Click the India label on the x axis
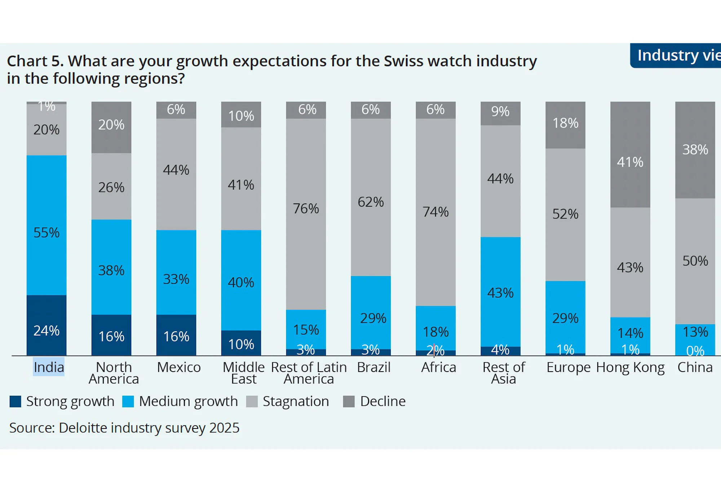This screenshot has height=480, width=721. click(49, 367)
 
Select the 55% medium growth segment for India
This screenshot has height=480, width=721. click(47, 225)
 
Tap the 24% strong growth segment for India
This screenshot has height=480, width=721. click(47, 325)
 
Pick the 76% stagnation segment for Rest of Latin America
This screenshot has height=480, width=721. click(306, 214)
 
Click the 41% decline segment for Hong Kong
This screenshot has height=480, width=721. click(630, 154)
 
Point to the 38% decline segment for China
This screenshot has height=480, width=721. click(695, 150)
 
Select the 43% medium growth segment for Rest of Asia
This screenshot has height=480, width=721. click(500, 292)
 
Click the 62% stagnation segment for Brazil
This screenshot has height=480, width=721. click(371, 197)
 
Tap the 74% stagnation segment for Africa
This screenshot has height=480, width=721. click(435, 212)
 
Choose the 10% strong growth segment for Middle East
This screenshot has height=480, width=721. click(241, 343)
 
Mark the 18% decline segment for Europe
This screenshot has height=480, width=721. click(565, 125)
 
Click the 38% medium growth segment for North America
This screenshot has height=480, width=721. click(111, 267)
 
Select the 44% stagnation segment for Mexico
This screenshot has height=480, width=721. click(176, 174)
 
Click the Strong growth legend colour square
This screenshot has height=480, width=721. click(16, 402)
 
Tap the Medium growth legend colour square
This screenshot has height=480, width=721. click(128, 402)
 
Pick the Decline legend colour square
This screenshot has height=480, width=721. click(349, 402)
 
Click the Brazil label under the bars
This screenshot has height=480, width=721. click(374, 367)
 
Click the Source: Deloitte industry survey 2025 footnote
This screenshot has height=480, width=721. click(124, 428)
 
